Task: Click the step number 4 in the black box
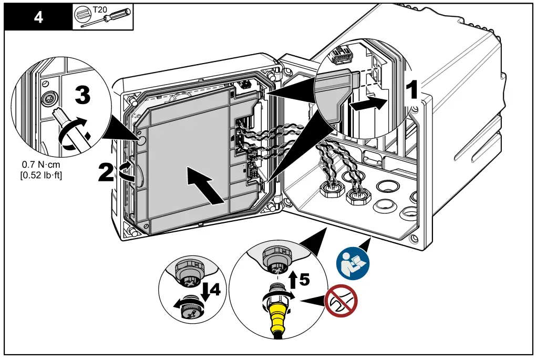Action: [x=38, y=17]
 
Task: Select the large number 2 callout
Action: [x=106, y=172]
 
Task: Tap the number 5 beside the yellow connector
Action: [x=304, y=279]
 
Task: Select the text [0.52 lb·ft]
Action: [x=40, y=175]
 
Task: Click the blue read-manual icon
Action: [x=353, y=261]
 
